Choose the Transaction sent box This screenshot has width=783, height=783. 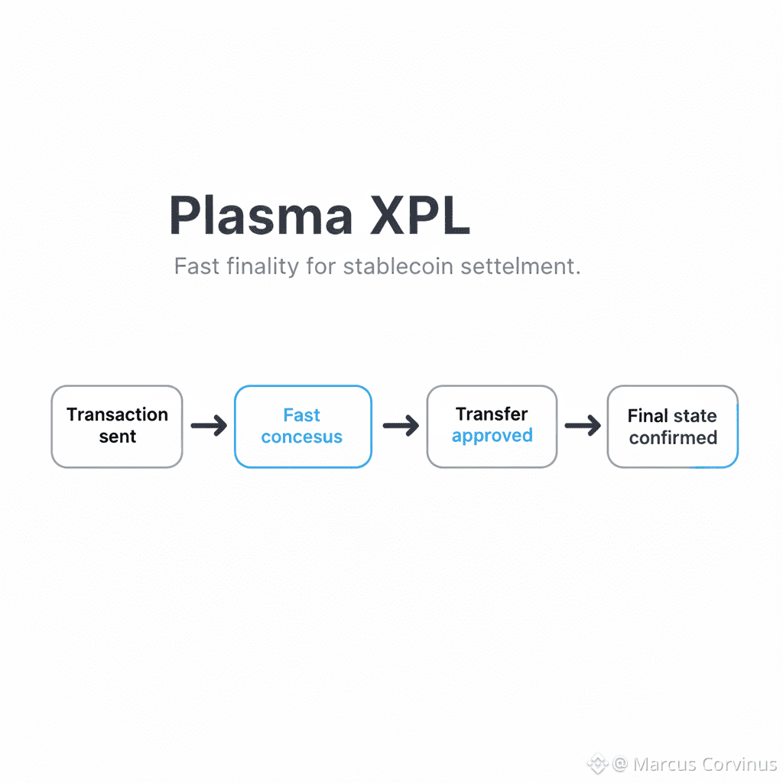[x=117, y=427]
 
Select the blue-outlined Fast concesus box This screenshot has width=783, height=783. [x=303, y=427]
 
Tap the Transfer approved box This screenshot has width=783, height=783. [x=492, y=427]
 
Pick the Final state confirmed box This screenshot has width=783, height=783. [x=672, y=427]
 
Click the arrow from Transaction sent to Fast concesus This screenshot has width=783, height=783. [x=209, y=426]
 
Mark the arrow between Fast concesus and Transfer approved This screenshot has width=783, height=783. [x=400, y=426]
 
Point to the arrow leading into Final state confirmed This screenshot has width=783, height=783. [x=583, y=426]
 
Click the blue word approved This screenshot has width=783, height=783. [x=492, y=436]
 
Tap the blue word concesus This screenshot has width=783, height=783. [x=302, y=437]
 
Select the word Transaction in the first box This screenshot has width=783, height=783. [x=117, y=414]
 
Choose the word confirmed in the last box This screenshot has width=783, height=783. [x=673, y=437]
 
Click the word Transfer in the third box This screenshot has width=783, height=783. [x=492, y=414]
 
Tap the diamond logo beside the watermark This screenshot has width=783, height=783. [x=596, y=764]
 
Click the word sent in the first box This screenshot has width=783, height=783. [x=117, y=437]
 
